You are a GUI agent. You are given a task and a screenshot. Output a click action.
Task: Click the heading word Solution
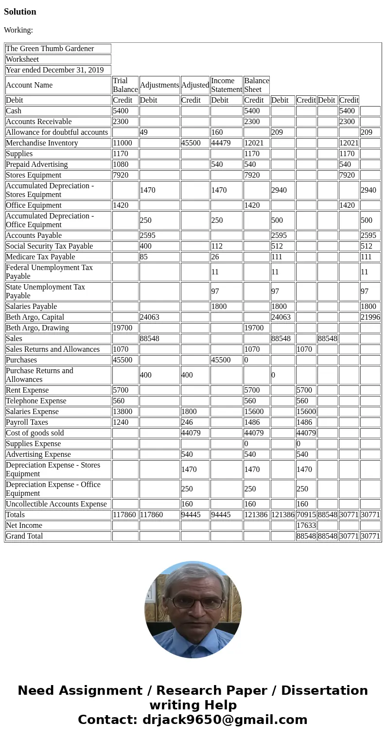pyautogui.click(x=20, y=12)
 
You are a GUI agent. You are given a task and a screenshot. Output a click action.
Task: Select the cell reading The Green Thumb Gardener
pyautogui.click(x=50, y=49)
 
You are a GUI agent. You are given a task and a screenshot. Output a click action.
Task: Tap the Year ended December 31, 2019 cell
pyautogui.click(x=54, y=70)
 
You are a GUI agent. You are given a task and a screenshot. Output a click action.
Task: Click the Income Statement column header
pyautogui.click(x=226, y=85)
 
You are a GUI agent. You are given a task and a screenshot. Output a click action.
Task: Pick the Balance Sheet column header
pyautogui.click(x=256, y=85)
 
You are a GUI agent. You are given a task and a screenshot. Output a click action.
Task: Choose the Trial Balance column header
pyautogui.click(x=125, y=85)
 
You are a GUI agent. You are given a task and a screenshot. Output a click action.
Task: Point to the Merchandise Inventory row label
pyautogui.click(x=42, y=143)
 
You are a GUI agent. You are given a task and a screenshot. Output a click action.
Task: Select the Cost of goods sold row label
pyautogui.click(x=35, y=433)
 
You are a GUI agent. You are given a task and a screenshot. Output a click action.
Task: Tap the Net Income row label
pyautogui.click(x=24, y=525)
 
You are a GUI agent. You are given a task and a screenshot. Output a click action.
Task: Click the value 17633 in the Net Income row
pyautogui.click(x=306, y=525)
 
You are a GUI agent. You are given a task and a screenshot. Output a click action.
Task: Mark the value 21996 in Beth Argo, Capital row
pyautogui.click(x=370, y=317)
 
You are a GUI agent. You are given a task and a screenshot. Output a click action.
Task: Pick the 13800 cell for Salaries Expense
pyautogui.click(x=123, y=412)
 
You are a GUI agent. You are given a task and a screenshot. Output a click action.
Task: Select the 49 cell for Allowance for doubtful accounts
pyautogui.click(x=143, y=132)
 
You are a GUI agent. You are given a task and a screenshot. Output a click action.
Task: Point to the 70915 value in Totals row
pyautogui.click(x=306, y=515)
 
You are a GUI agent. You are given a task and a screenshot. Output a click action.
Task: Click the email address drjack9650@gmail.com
pyautogui.click(x=225, y=720)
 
